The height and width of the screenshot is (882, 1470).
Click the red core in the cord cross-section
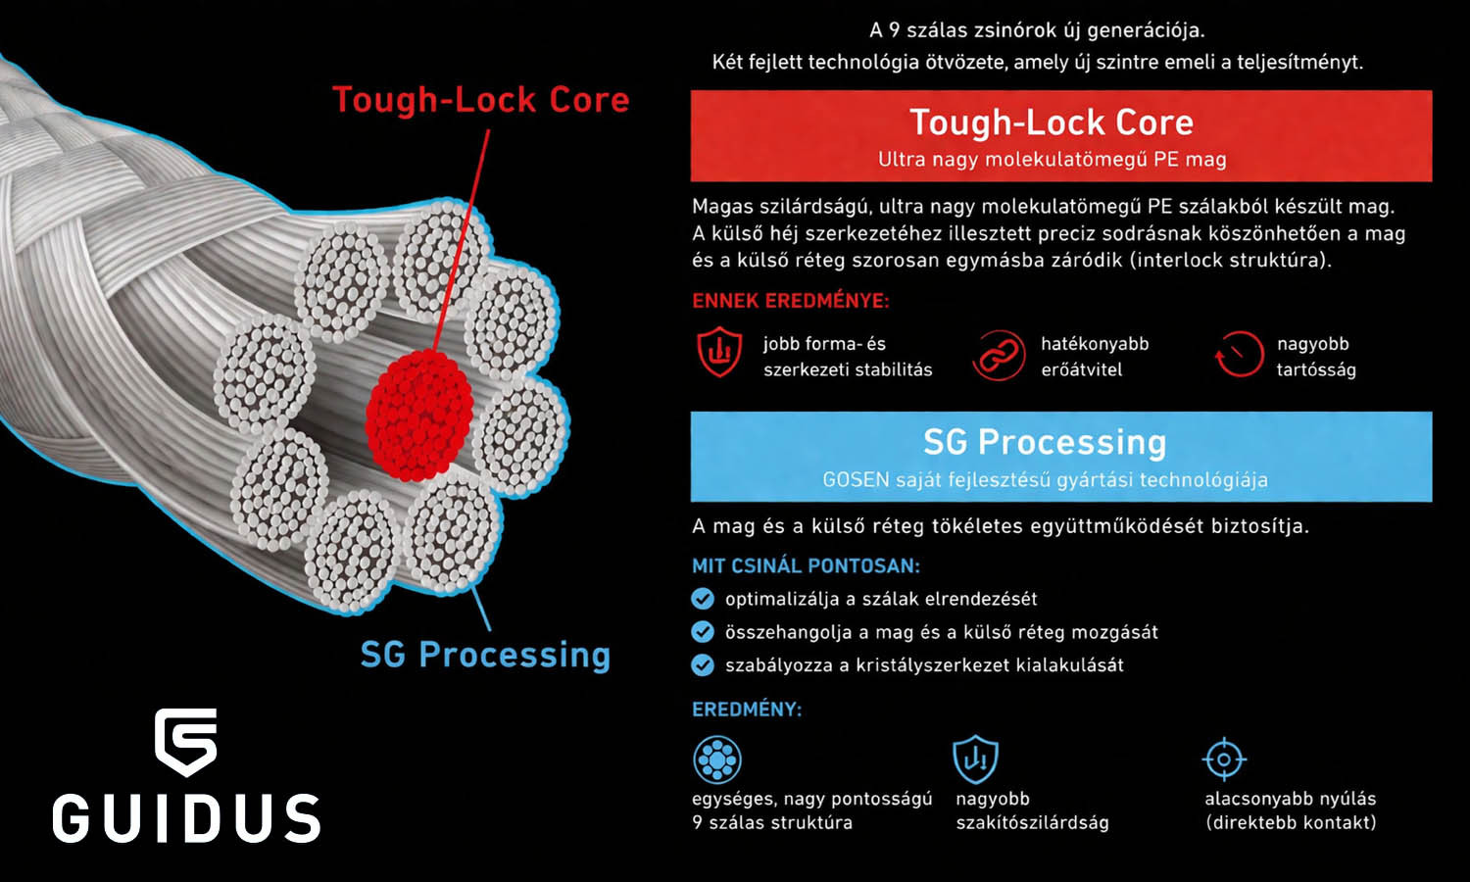(x=419, y=414)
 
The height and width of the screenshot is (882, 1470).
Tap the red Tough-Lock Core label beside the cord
(x=480, y=100)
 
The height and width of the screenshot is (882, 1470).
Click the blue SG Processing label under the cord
(x=485, y=655)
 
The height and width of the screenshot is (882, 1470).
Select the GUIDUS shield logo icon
(x=185, y=742)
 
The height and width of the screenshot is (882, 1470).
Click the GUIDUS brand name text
(x=186, y=819)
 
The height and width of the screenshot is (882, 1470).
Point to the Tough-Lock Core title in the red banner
(x=1052, y=122)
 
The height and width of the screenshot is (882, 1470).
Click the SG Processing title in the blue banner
(x=1045, y=442)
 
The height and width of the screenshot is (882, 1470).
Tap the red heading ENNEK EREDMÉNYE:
(x=791, y=301)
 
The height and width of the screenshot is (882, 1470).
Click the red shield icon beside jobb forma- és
(x=719, y=353)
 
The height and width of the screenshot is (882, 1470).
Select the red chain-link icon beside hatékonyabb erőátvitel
(x=997, y=355)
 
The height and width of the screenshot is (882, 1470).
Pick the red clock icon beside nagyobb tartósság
(x=1240, y=355)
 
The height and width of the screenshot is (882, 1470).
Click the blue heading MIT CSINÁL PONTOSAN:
(x=806, y=565)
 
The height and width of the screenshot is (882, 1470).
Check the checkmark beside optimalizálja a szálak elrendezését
(x=703, y=599)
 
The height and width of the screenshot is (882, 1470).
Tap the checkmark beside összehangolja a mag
(x=703, y=632)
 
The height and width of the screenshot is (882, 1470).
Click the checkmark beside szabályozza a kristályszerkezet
(x=703, y=665)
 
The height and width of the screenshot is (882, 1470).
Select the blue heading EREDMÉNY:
(x=747, y=710)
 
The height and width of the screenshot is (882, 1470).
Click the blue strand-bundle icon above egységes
(x=717, y=759)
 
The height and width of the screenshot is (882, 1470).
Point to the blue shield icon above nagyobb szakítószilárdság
(x=975, y=759)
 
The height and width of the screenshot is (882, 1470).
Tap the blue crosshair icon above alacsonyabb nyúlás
(x=1224, y=759)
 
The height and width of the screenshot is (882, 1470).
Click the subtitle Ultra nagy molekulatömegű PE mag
(x=1052, y=159)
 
